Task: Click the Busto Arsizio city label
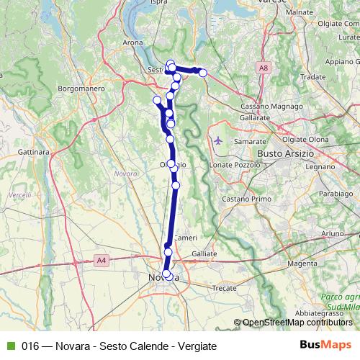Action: click(287, 154)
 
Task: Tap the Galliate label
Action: click(204, 254)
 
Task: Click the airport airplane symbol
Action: click(218, 140)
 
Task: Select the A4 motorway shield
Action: click(99, 261)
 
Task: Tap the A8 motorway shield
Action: click(264, 67)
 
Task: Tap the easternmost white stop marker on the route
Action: click(203, 73)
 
